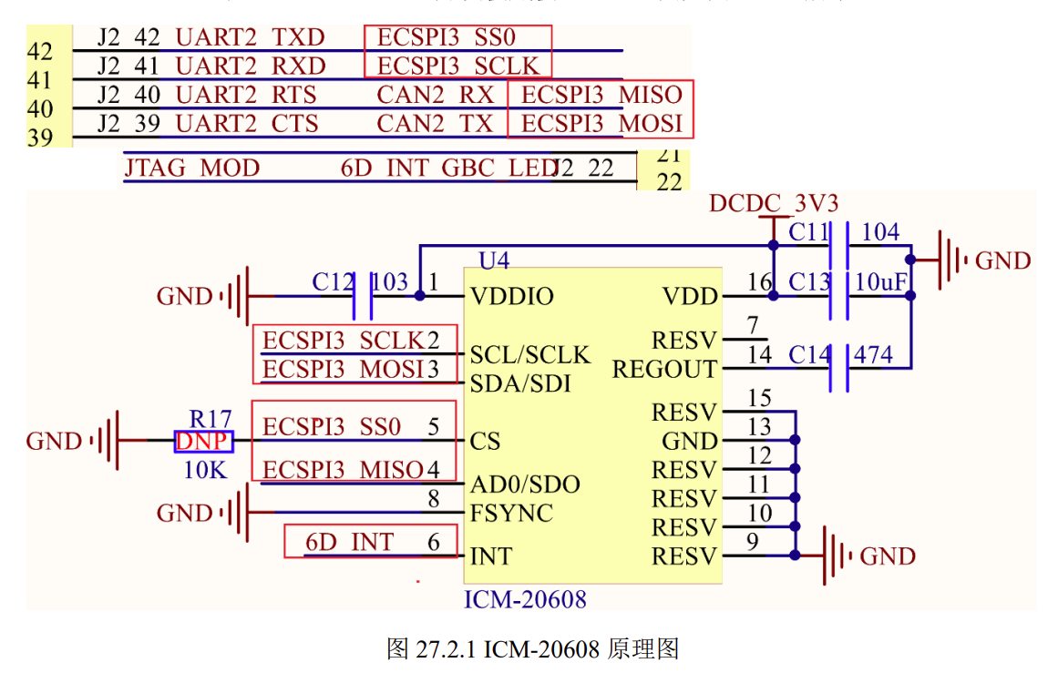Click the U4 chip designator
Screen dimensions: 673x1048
pyautogui.click(x=494, y=261)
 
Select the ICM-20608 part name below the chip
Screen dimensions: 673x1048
pyautogui.click(x=525, y=599)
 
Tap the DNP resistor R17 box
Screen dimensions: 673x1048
pyautogui.click(x=204, y=442)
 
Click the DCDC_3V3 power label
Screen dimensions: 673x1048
pyautogui.click(x=774, y=202)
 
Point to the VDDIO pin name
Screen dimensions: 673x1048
pyautogui.click(x=511, y=297)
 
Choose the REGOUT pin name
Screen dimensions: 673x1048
pyautogui.click(x=664, y=370)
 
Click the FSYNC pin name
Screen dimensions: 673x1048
pyautogui.click(x=511, y=514)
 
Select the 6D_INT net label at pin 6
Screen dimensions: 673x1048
pyautogui.click(x=349, y=543)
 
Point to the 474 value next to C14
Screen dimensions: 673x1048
pyautogui.click(x=874, y=354)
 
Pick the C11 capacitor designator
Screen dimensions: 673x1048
pyautogui.click(x=809, y=232)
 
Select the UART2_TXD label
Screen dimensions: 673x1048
pyautogui.click(x=250, y=38)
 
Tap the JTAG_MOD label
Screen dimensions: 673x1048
pyautogui.click(x=192, y=168)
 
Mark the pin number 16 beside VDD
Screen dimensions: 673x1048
pyautogui.click(x=759, y=282)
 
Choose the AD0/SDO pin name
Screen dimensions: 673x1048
pyautogui.click(x=524, y=484)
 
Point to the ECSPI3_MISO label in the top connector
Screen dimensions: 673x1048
pyautogui.click(x=601, y=95)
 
